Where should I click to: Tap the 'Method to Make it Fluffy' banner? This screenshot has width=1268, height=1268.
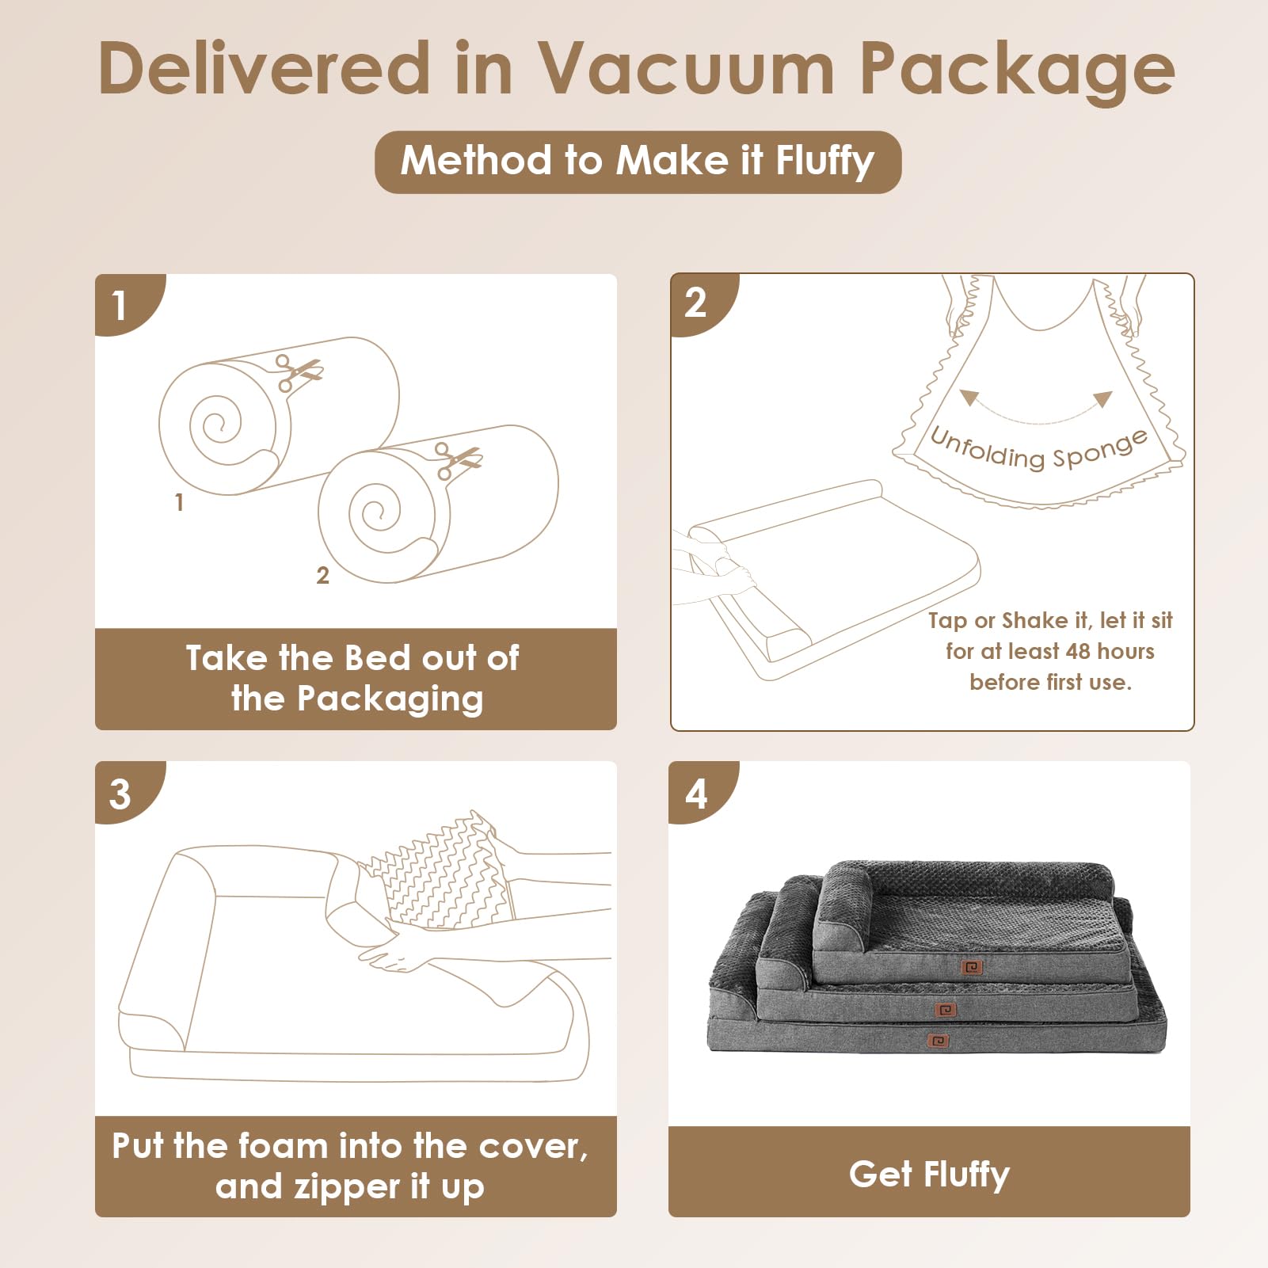[638, 162]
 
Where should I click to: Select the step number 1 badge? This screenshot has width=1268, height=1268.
[120, 305]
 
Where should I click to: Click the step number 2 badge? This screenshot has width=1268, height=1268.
[695, 303]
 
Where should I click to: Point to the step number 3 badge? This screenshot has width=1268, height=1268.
[120, 794]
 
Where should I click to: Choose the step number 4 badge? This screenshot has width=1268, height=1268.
[695, 794]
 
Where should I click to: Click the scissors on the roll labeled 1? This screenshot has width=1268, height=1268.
[296, 371]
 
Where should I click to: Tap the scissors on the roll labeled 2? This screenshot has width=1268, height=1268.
[456, 459]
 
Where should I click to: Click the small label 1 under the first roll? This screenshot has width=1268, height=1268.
[179, 502]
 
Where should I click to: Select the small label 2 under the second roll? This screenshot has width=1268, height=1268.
[322, 575]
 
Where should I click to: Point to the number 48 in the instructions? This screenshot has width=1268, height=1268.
[1078, 651]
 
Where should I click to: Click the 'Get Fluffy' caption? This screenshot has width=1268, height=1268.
[929, 1174]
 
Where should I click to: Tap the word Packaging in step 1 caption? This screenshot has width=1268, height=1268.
[390, 699]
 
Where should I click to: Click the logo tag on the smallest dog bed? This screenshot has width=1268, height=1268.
[971, 967]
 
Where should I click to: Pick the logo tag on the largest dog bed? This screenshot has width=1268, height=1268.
[939, 1040]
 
